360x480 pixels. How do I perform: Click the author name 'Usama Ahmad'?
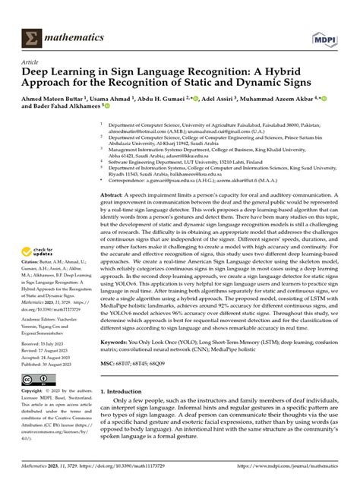[x=131, y=101]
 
